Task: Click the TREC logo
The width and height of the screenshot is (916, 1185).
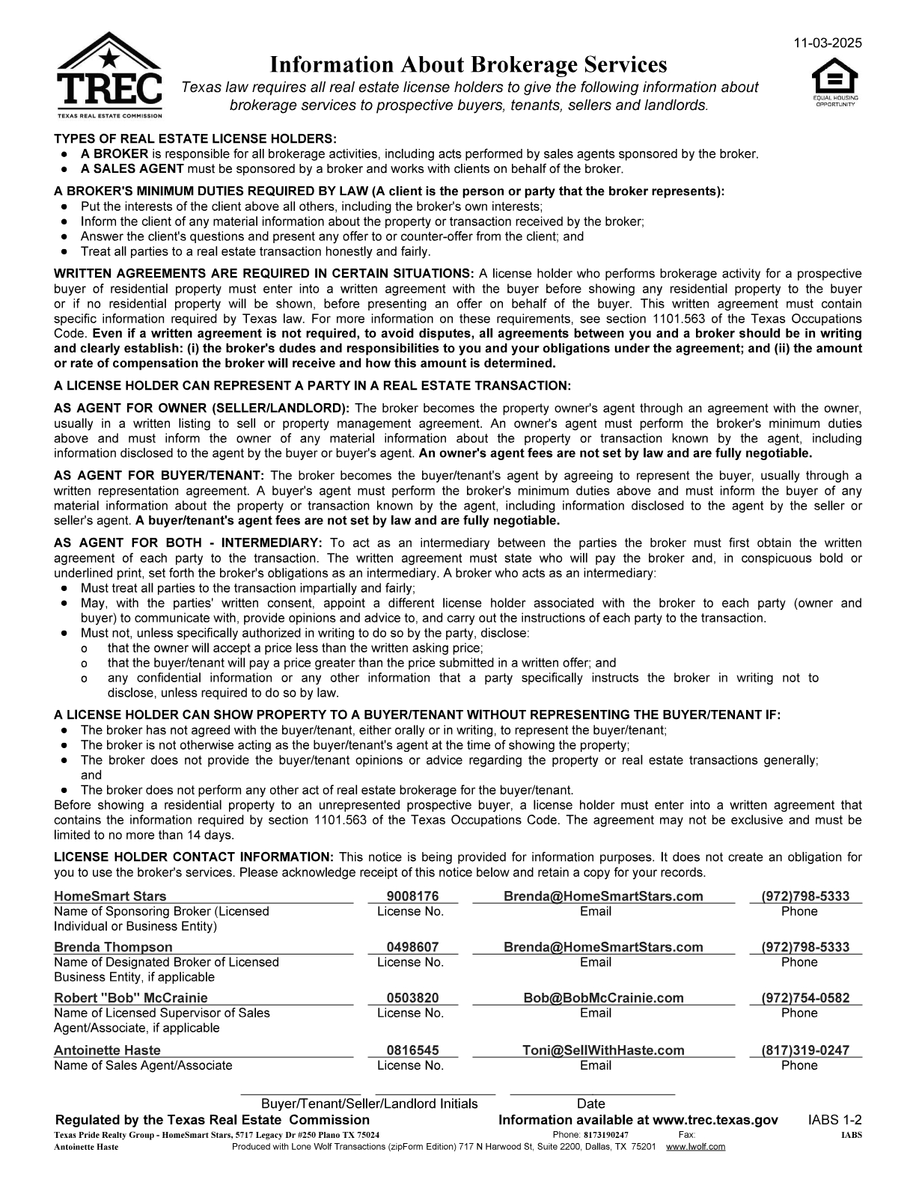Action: point(109,76)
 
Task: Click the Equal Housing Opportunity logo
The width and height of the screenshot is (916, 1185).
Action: point(836,84)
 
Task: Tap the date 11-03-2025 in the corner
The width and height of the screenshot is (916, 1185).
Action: point(828,43)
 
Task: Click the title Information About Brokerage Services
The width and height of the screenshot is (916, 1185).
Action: point(468,64)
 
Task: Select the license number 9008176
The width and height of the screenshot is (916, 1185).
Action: point(412,896)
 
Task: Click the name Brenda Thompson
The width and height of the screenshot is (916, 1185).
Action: point(113,947)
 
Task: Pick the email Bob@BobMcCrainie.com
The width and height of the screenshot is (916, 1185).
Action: point(603,998)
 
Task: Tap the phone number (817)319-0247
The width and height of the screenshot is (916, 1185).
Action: point(805,1050)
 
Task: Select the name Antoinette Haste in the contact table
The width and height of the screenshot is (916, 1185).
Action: point(107,1050)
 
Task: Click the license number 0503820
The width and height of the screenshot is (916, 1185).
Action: point(412,998)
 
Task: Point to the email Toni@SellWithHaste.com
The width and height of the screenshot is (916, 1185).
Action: point(603,1050)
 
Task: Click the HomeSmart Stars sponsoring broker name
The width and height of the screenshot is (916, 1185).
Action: point(110,896)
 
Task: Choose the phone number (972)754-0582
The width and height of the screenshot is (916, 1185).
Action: point(805,998)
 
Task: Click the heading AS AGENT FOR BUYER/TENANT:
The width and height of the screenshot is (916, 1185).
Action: point(159,476)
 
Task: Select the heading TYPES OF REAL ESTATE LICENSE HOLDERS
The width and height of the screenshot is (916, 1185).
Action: point(195,139)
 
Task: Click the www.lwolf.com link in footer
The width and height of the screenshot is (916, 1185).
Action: point(695,1147)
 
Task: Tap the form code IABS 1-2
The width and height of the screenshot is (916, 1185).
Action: point(834,1120)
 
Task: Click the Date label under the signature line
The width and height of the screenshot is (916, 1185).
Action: point(590,1103)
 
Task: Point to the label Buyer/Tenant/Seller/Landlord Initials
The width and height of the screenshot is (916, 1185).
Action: point(369,1103)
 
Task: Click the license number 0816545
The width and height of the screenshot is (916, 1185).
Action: point(412,1050)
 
